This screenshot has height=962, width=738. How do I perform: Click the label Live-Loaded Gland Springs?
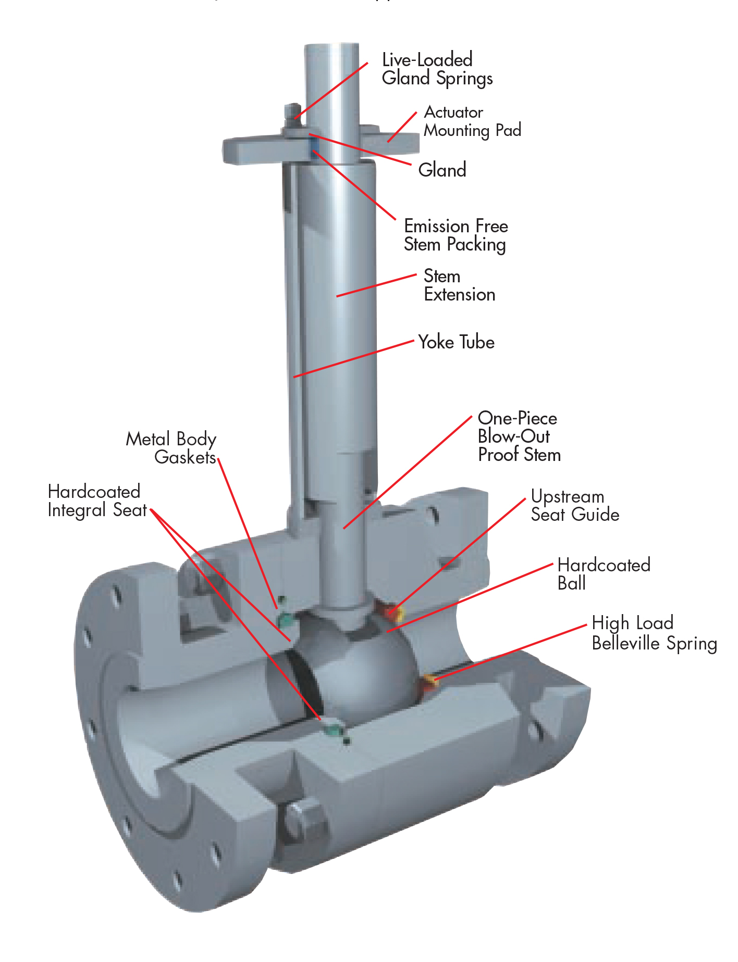tap(437, 69)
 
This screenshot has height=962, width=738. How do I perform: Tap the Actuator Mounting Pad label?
tap(472, 121)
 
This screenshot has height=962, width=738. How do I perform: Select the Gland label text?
tap(442, 170)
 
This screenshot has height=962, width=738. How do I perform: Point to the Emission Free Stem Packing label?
tap(456, 235)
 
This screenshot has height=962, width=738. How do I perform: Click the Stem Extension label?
tap(459, 285)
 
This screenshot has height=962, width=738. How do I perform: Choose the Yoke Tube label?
tap(456, 342)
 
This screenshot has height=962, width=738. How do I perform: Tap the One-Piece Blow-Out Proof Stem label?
tap(519, 436)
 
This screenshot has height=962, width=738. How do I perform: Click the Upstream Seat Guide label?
tap(574, 506)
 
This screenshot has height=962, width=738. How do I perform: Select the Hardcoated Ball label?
tap(603, 573)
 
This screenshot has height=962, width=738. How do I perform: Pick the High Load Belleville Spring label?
tap(654, 633)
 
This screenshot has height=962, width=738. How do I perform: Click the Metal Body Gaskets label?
tap(171, 448)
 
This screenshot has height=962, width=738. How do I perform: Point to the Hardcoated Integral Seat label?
tap(97, 501)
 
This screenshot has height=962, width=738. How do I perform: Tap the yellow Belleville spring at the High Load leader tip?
tap(429, 679)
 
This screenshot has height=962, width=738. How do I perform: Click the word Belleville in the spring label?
tap(627, 643)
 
